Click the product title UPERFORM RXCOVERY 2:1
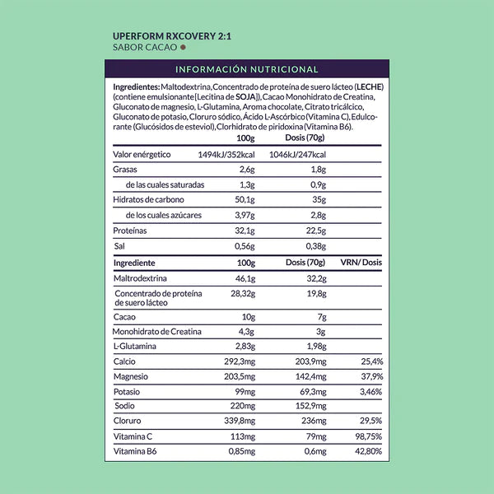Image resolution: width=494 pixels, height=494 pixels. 165,36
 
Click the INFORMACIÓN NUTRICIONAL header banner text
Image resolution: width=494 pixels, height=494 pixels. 247,69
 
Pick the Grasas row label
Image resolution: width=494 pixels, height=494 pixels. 125,170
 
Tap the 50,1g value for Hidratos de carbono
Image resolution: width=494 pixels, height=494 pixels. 245,200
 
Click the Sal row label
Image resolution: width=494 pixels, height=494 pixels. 119,246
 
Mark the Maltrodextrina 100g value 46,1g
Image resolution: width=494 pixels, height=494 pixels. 245,279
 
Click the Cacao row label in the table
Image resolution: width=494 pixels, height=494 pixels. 124,317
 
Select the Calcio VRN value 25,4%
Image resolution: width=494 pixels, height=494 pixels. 370,361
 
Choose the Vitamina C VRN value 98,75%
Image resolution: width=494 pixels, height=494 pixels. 366,436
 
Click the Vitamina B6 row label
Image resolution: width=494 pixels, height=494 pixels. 135,452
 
